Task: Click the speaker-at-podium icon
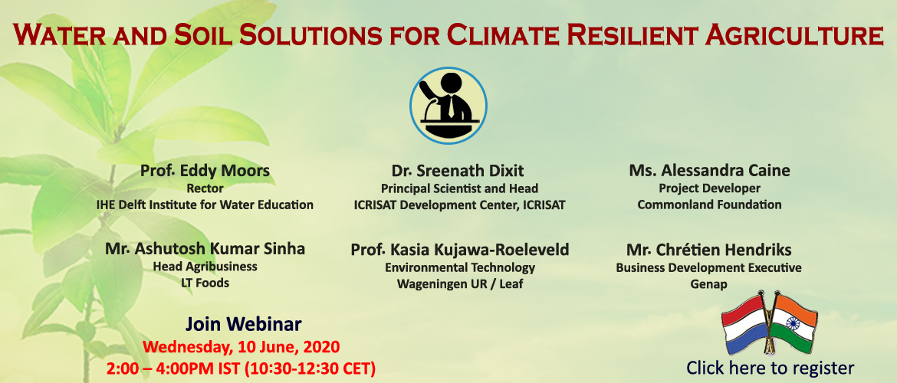point(448,106)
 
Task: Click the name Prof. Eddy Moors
point(205,170)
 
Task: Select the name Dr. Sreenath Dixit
point(458,170)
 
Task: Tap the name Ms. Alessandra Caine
point(709,170)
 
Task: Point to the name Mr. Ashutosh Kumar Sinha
point(205,249)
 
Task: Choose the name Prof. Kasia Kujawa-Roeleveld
point(460,250)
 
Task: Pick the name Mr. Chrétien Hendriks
point(709,250)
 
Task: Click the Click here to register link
point(770,367)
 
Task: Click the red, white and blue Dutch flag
point(745,323)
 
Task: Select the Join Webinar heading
point(243,324)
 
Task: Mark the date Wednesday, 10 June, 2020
point(241,346)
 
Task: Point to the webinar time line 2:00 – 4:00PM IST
point(241,368)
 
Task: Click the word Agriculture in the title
point(794,34)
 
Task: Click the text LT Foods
point(205,283)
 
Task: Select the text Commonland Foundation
point(709,204)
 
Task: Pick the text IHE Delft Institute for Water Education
point(205,204)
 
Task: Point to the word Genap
point(709,284)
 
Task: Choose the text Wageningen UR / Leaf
point(460,283)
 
